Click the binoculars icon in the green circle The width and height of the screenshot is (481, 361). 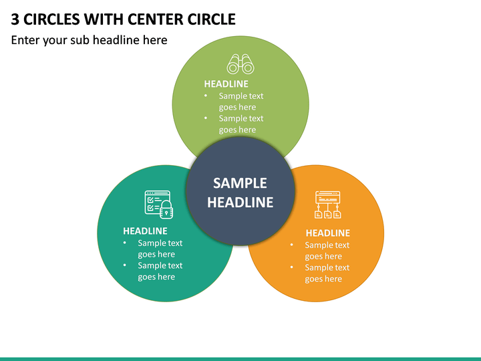pyautogui.click(x=240, y=64)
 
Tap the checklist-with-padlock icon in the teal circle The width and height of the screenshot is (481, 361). pyautogui.click(x=158, y=205)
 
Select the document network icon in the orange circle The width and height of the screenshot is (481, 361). pyautogui.click(x=327, y=205)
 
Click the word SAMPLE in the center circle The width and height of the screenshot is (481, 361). pyautogui.click(x=240, y=183)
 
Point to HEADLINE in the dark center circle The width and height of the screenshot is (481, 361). pyautogui.click(x=240, y=203)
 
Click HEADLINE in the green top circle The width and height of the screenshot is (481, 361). pyautogui.click(x=226, y=84)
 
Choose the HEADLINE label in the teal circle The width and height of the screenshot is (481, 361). pyautogui.click(x=145, y=231)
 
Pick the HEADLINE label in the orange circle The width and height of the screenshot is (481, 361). pyautogui.click(x=327, y=233)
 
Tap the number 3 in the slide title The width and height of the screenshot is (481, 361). pyautogui.click(x=15, y=19)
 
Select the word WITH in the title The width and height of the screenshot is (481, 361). pyautogui.click(x=104, y=19)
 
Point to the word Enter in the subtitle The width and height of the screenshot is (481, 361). pyautogui.click(x=25, y=40)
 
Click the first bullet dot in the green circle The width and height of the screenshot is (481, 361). pyautogui.click(x=206, y=96)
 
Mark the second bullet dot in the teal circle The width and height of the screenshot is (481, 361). pyautogui.click(x=124, y=265)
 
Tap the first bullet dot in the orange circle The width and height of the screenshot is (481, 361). pyautogui.click(x=291, y=245)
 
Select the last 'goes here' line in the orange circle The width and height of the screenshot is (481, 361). pyautogui.click(x=323, y=279)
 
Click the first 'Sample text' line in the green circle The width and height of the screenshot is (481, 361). pyautogui.click(x=241, y=96)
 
